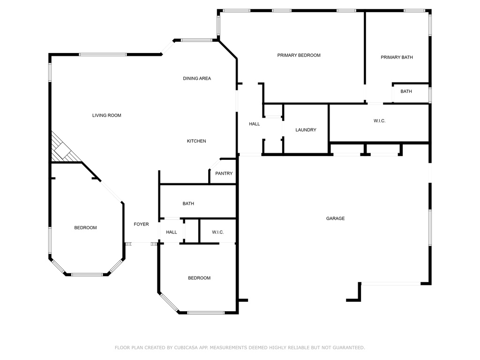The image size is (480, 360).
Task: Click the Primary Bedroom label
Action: (x=299, y=55)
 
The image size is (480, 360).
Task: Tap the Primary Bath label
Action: (x=397, y=57)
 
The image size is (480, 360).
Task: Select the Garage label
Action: (x=335, y=218)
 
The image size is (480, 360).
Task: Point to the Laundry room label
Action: (x=306, y=130)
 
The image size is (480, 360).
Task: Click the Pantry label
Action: (x=224, y=173)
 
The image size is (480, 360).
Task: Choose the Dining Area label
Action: (x=197, y=78)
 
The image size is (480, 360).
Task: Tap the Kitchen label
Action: (x=196, y=141)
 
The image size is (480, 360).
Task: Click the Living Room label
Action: (x=107, y=115)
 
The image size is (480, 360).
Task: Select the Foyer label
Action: (x=141, y=224)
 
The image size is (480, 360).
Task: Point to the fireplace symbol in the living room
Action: (x=63, y=150)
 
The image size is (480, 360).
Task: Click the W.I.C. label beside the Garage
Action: (x=379, y=121)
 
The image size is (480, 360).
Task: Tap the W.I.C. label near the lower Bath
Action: (x=217, y=232)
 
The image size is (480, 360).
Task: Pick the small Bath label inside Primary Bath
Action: (x=406, y=91)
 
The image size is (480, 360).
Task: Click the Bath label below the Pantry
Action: (x=188, y=203)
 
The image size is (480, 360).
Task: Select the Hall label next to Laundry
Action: (x=255, y=124)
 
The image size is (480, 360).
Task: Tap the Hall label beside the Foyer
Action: (x=172, y=232)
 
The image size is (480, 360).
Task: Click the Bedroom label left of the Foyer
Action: (x=85, y=228)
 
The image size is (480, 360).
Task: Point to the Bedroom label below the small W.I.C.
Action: (x=199, y=278)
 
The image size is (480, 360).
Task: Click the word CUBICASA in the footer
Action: (x=186, y=347)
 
